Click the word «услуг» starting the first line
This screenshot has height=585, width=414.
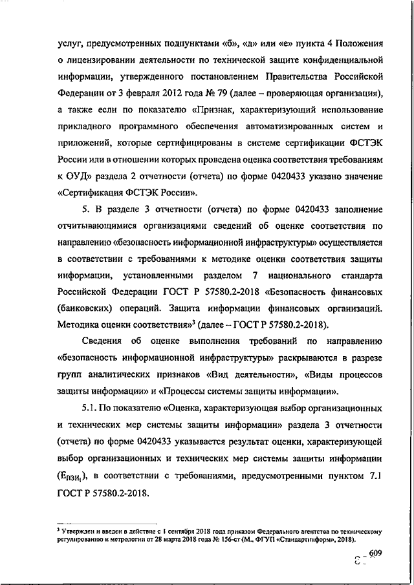click(70, 43)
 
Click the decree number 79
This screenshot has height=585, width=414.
click(205, 92)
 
